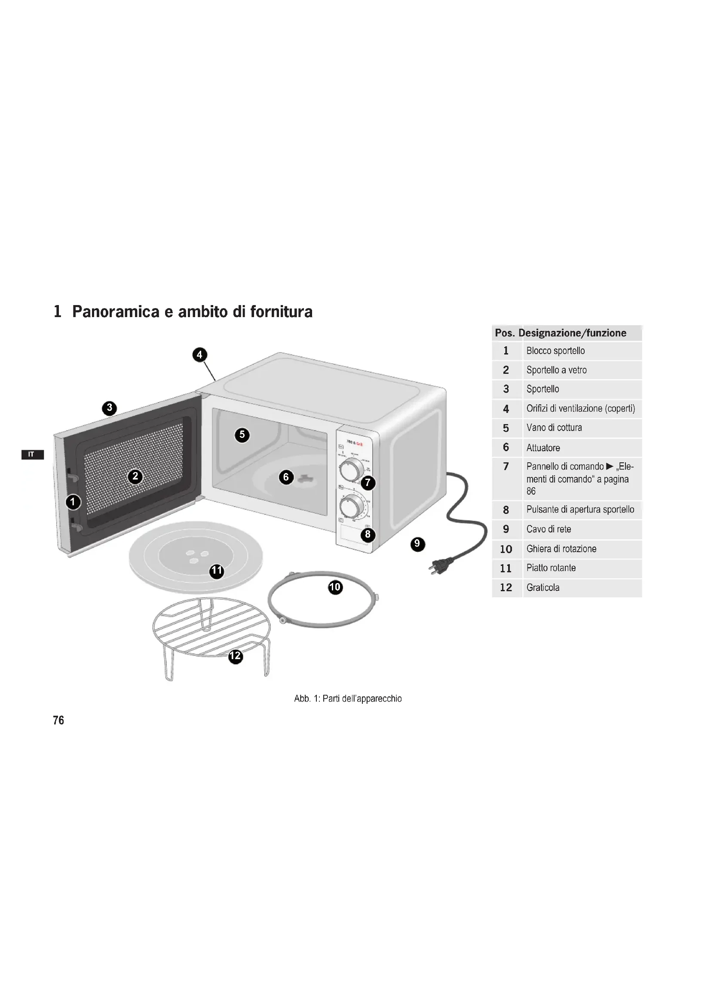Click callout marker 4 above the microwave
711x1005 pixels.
199,354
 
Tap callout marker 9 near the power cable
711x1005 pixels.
417,544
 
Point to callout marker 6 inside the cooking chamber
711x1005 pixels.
286,477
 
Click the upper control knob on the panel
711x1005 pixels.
351,470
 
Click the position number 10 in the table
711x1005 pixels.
506,549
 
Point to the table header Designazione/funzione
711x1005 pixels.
572,333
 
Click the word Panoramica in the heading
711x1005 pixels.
116,312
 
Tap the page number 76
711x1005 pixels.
58,721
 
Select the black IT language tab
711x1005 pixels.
32,454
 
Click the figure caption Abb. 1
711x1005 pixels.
348,699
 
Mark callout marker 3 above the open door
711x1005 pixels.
110,408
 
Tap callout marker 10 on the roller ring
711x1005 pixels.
335,587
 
